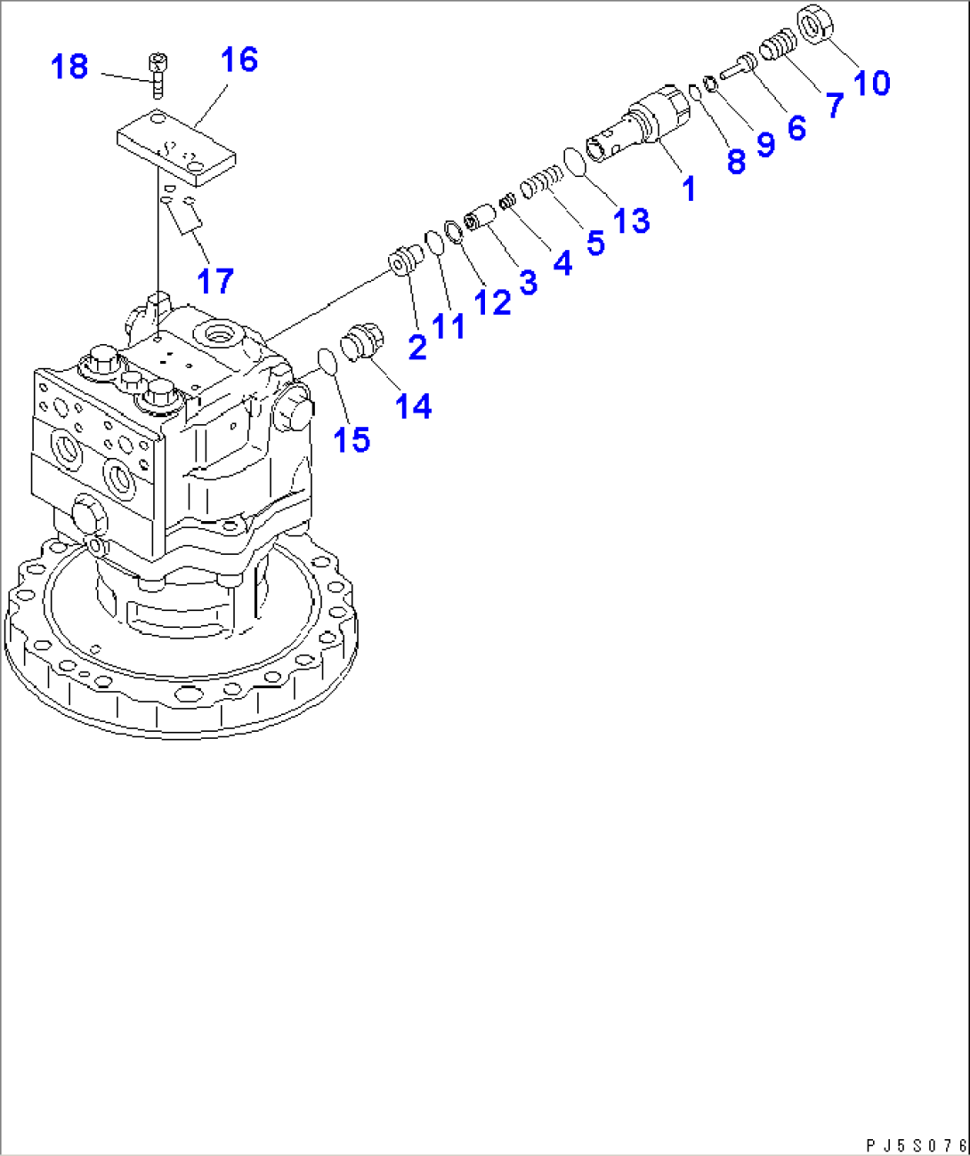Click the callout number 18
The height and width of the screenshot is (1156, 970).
[x=69, y=67]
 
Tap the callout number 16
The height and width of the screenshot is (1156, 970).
[x=238, y=60]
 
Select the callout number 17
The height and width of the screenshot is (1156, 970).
[x=214, y=281]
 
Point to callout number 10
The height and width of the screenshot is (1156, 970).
[x=871, y=83]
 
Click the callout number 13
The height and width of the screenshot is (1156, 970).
[x=631, y=221]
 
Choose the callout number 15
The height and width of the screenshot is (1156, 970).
[x=352, y=439]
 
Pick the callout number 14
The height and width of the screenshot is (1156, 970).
[x=413, y=406]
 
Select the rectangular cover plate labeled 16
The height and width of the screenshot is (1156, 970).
[x=176, y=147]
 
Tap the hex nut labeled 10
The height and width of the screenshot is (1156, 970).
[x=814, y=24]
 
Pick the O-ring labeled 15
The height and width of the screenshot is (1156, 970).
[x=327, y=361]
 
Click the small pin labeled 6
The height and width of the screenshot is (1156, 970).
[x=738, y=67]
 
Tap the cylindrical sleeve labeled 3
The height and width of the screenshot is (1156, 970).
[x=481, y=216]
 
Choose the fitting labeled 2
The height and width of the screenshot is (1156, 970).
[x=407, y=261]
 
